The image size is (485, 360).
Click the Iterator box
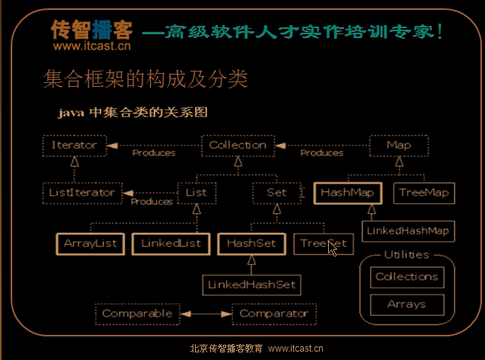click(74, 145)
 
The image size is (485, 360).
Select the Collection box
click(238, 145)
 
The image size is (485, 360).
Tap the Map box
click(398, 145)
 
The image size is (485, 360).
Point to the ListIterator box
click(78, 193)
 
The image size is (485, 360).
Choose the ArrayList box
click(90, 244)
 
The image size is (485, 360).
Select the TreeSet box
click(323, 244)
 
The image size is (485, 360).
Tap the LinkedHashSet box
click(251, 285)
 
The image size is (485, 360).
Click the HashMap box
click(346, 193)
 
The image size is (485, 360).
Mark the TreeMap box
click(423, 193)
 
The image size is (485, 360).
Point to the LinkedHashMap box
click(407, 230)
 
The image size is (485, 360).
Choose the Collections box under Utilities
click(407, 277)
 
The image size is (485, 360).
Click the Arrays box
click(407, 304)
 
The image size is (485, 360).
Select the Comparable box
click(138, 313)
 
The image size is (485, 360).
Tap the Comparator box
click(274, 313)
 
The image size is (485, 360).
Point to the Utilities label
click(407, 255)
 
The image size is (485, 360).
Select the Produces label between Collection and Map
click(321, 153)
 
